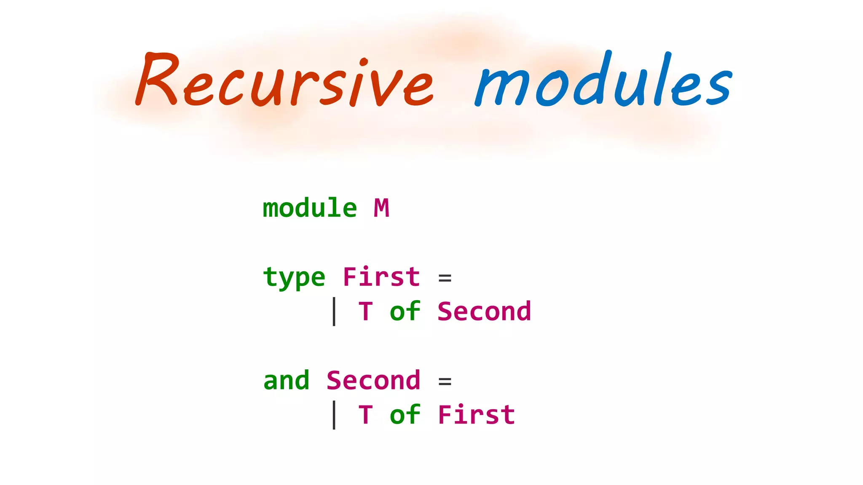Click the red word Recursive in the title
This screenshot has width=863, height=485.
tap(284, 82)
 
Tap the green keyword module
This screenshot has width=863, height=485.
tap(310, 208)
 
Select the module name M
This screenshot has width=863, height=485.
tap(381, 208)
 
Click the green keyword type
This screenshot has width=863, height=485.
tap(294, 278)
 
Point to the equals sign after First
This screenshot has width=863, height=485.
tap(445, 278)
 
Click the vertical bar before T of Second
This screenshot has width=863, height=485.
tap(334, 312)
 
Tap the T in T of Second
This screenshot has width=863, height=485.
tap(365, 312)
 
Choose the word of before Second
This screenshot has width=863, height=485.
tap(405, 312)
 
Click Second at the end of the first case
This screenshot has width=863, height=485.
tap(484, 312)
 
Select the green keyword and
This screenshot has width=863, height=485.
tap(286, 381)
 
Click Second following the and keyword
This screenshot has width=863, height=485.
tap(373, 381)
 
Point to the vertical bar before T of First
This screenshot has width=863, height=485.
tap(334, 415)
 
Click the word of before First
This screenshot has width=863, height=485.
tap(405, 415)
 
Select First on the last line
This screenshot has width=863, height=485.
tap(476, 415)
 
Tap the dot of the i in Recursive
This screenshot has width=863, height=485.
tap(364, 62)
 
